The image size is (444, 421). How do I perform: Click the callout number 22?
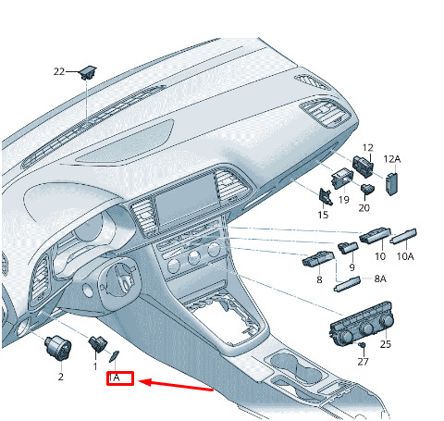[59, 71]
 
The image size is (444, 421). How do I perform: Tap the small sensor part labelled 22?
[88, 73]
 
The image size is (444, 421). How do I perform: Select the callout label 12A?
[392, 159]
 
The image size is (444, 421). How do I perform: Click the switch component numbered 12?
[363, 166]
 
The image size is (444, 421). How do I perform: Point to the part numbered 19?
[341, 179]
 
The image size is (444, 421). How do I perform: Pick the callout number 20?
[364, 208]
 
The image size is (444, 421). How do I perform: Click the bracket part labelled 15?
[326, 196]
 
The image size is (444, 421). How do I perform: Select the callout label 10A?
[405, 256]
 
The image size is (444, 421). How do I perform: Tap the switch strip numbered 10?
[375, 236]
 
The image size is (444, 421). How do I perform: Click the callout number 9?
[351, 267]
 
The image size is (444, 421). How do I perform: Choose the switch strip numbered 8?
[317, 258]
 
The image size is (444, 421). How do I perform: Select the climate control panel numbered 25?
[362, 324]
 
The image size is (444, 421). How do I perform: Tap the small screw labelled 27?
[363, 344]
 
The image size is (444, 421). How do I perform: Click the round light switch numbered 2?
[57, 347]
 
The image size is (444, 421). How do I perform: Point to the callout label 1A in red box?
[114, 378]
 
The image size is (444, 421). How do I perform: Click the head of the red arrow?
[140, 382]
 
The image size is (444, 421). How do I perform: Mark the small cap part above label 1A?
[114, 357]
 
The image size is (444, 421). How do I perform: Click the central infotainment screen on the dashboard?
[186, 199]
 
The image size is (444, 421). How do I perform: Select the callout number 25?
[386, 344]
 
